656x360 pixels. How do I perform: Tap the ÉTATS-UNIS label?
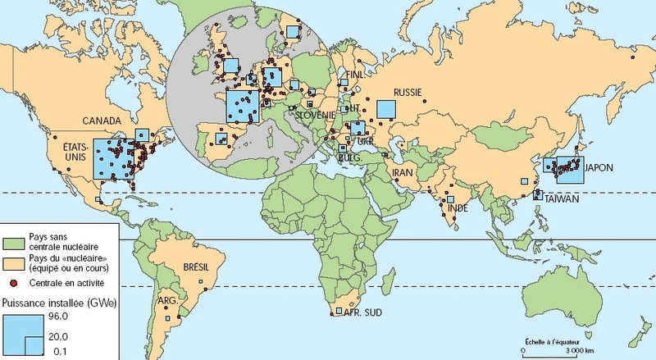coord(75,152)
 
